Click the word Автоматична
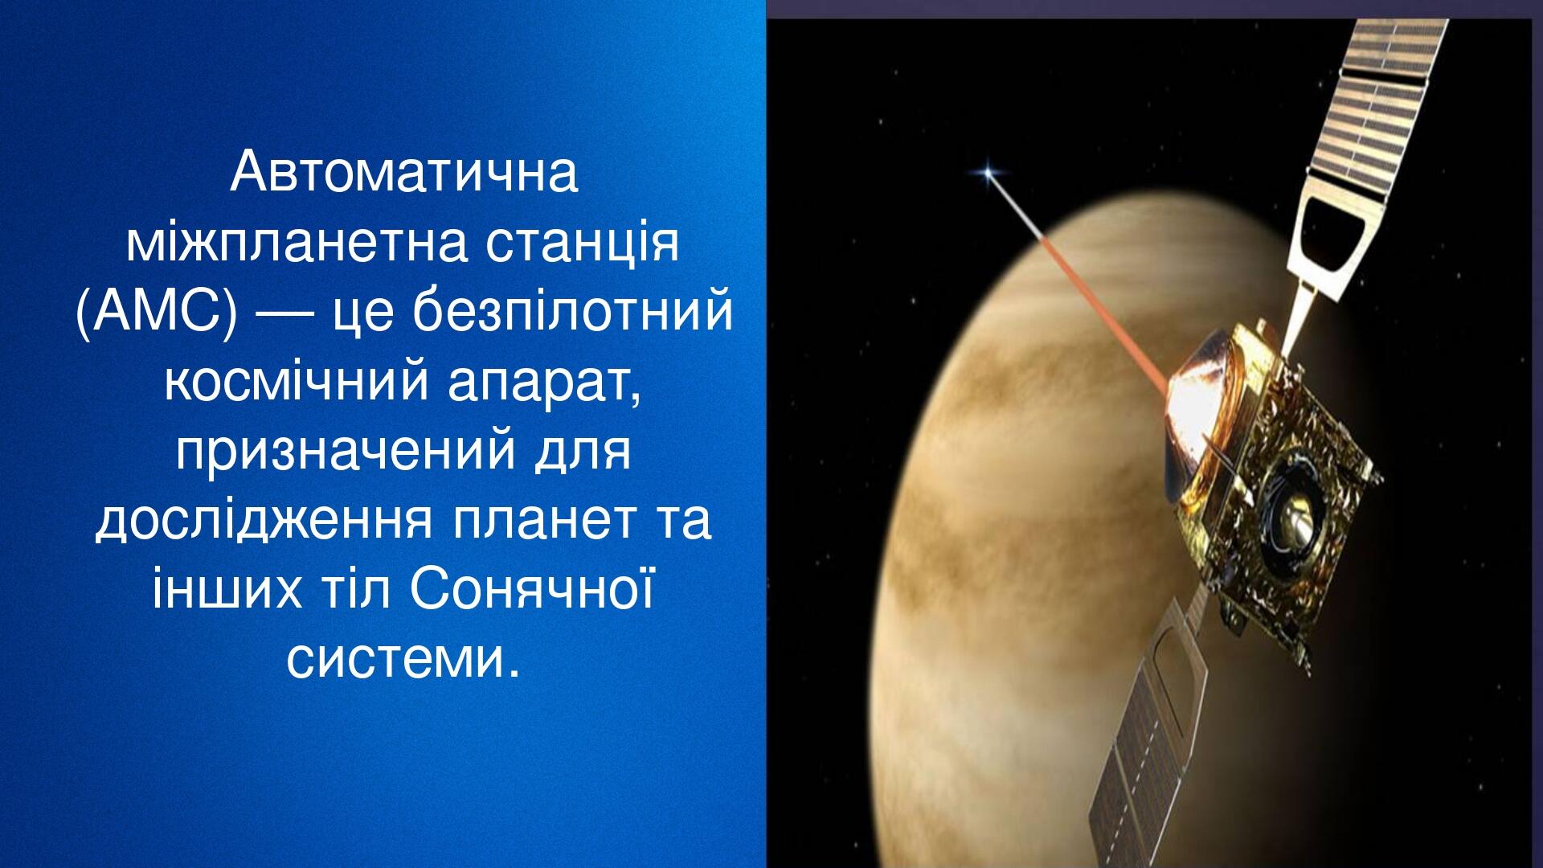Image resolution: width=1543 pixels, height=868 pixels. pyautogui.click(x=403, y=172)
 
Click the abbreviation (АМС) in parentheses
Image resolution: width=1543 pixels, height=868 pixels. pyautogui.click(x=157, y=313)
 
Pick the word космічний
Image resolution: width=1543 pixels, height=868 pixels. pyautogui.click(x=296, y=381)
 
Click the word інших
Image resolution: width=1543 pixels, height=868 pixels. pyautogui.click(x=227, y=589)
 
